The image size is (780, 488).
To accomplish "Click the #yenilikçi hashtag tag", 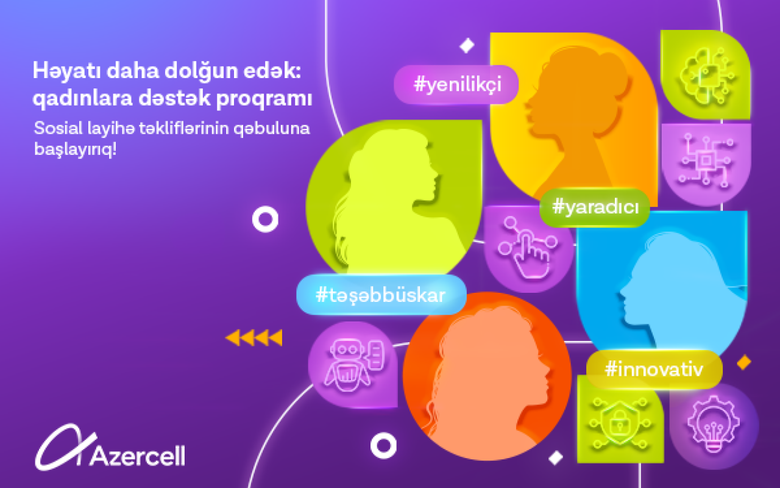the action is coord(456,85).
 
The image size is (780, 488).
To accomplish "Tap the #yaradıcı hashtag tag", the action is coord(595,207).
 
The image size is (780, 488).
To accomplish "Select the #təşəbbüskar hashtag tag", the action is coord(381,295).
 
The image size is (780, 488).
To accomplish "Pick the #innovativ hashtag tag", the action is coord(654,369).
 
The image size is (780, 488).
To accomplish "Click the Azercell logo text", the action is coord(138,456).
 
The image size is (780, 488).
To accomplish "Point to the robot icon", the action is coord(354,364).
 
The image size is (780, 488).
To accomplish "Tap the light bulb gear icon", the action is coord(714,424).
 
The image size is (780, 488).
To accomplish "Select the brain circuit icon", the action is coord(707,76).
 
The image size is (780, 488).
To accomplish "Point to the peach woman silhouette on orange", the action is coord(487,380).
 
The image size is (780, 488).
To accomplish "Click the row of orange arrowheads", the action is coord(254,338).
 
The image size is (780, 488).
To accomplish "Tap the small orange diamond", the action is coord(744,362).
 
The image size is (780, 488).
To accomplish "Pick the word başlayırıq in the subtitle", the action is coord(75,150).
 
